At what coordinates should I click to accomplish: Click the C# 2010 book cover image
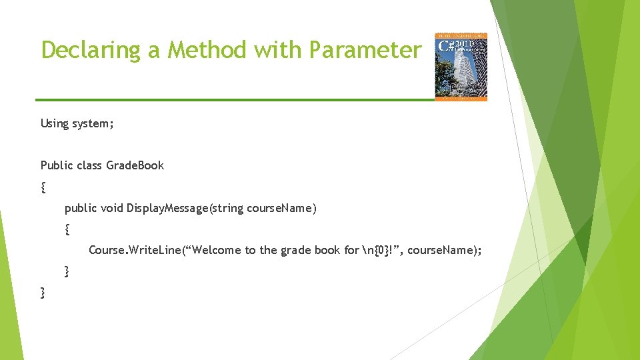point(461,67)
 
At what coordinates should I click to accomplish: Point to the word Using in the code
point(55,123)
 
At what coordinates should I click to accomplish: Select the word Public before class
point(56,165)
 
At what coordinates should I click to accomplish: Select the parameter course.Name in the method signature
point(281,209)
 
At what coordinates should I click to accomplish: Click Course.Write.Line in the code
point(131,251)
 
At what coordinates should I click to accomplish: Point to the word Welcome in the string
point(217,251)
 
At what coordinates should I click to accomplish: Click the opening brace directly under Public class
point(43,187)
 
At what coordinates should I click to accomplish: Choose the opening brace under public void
point(67,230)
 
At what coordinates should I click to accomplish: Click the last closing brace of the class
point(43,293)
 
